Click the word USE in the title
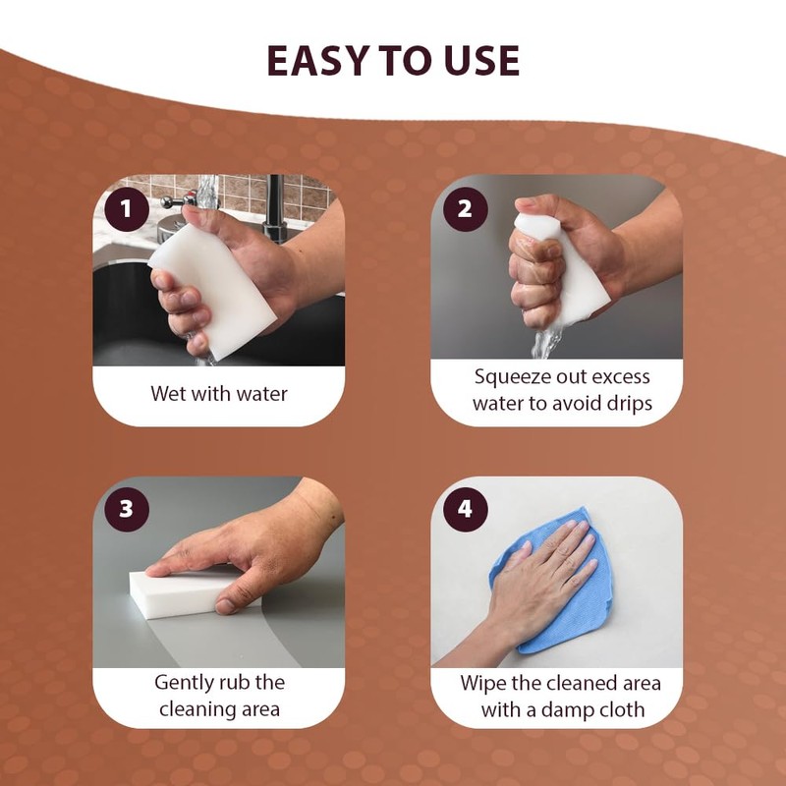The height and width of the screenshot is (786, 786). [477, 61]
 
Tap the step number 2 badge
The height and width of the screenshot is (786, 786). [465, 207]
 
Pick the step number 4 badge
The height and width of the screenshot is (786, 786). [465, 509]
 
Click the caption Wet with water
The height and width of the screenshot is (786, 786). [219, 394]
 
